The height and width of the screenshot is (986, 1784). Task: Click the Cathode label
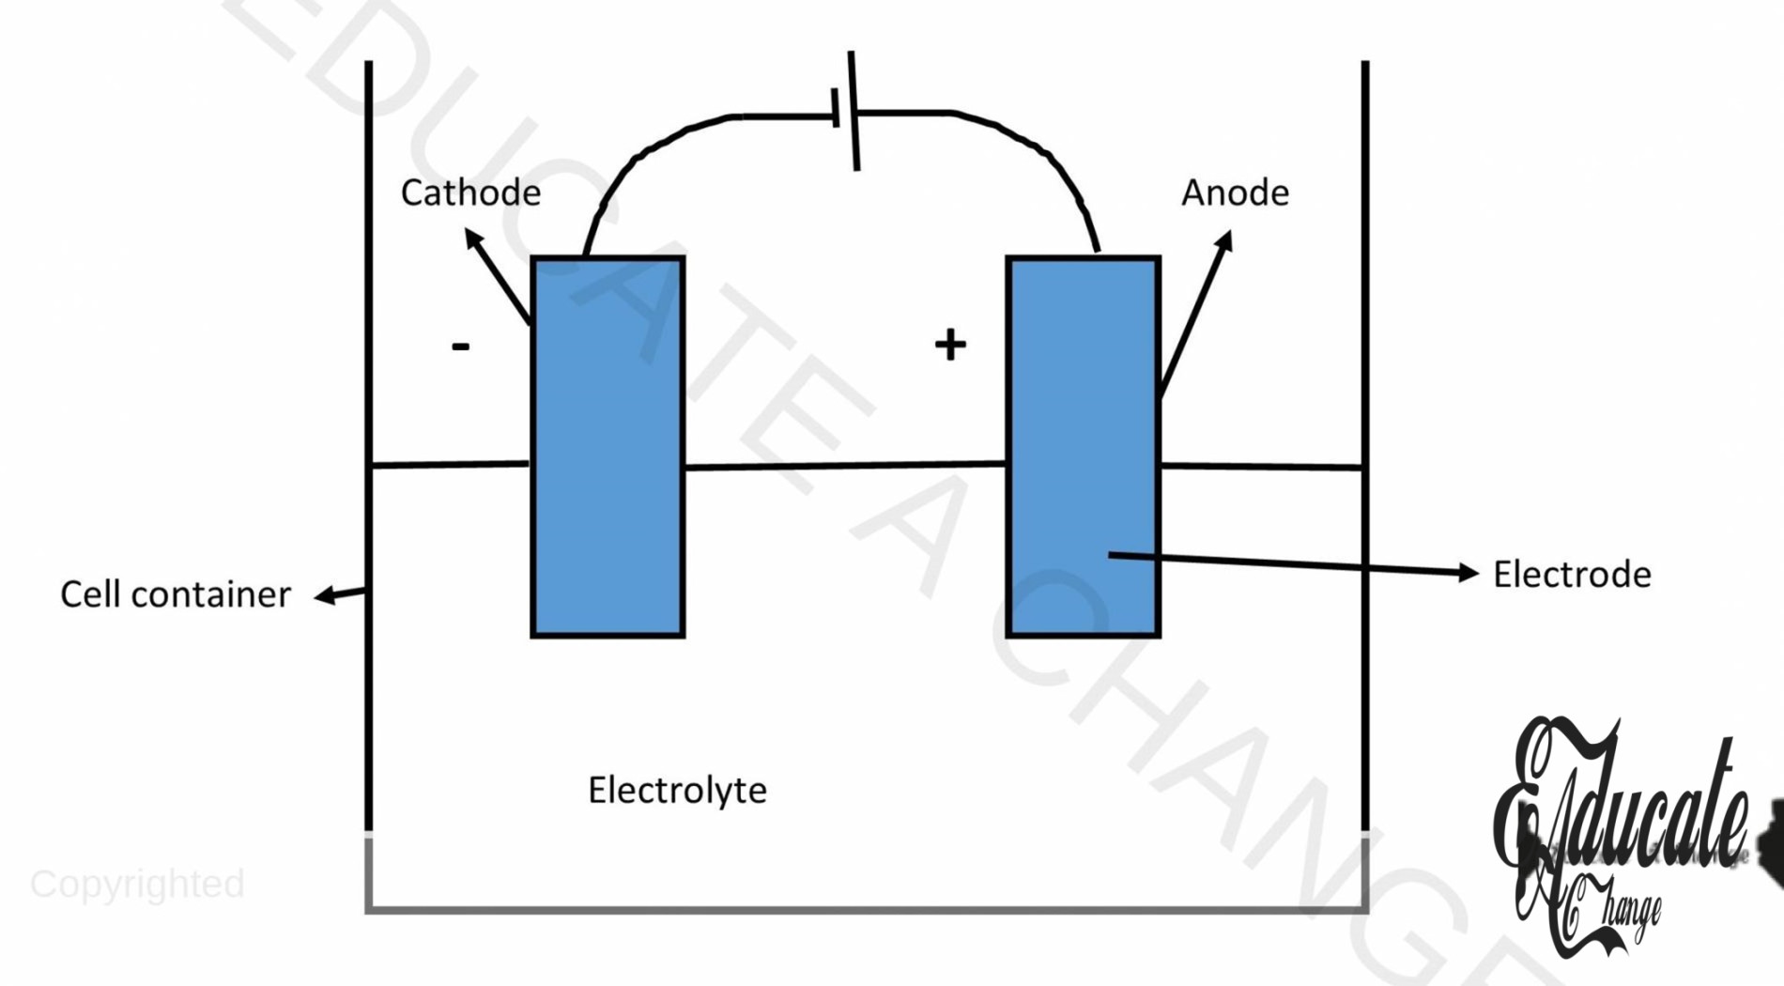pyautogui.click(x=470, y=193)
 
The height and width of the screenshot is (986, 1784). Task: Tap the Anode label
pyautogui.click(x=1235, y=193)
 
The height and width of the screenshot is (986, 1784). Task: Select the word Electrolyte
pyautogui.click(x=677, y=791)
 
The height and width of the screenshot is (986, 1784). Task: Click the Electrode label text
pyautogui.click(x=1572, y=575)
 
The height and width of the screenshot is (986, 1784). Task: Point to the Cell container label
pyautogui.click(x=176, y=594)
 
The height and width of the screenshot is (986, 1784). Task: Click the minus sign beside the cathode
pyautogui.click(x=460, y=347)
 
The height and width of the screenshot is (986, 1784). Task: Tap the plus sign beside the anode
pyautogui.click(x=950, y=345)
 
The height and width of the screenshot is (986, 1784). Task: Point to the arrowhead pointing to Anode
pyautogui.click(x=1224, y=240)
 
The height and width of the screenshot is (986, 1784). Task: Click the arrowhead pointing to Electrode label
pyautogui.click(x=1468, y=572)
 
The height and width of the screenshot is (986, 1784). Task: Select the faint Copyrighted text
pyautogui.click(x=137, y=885)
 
